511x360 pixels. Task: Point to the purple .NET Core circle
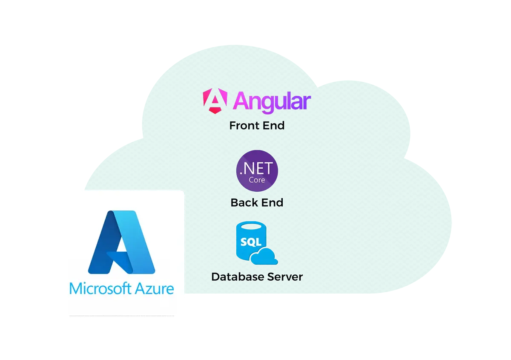[x=257, y=171]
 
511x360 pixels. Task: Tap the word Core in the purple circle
[x=257, y=180]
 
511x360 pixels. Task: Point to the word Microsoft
[x=100, y=288]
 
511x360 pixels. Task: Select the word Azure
[x=155, y=288]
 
